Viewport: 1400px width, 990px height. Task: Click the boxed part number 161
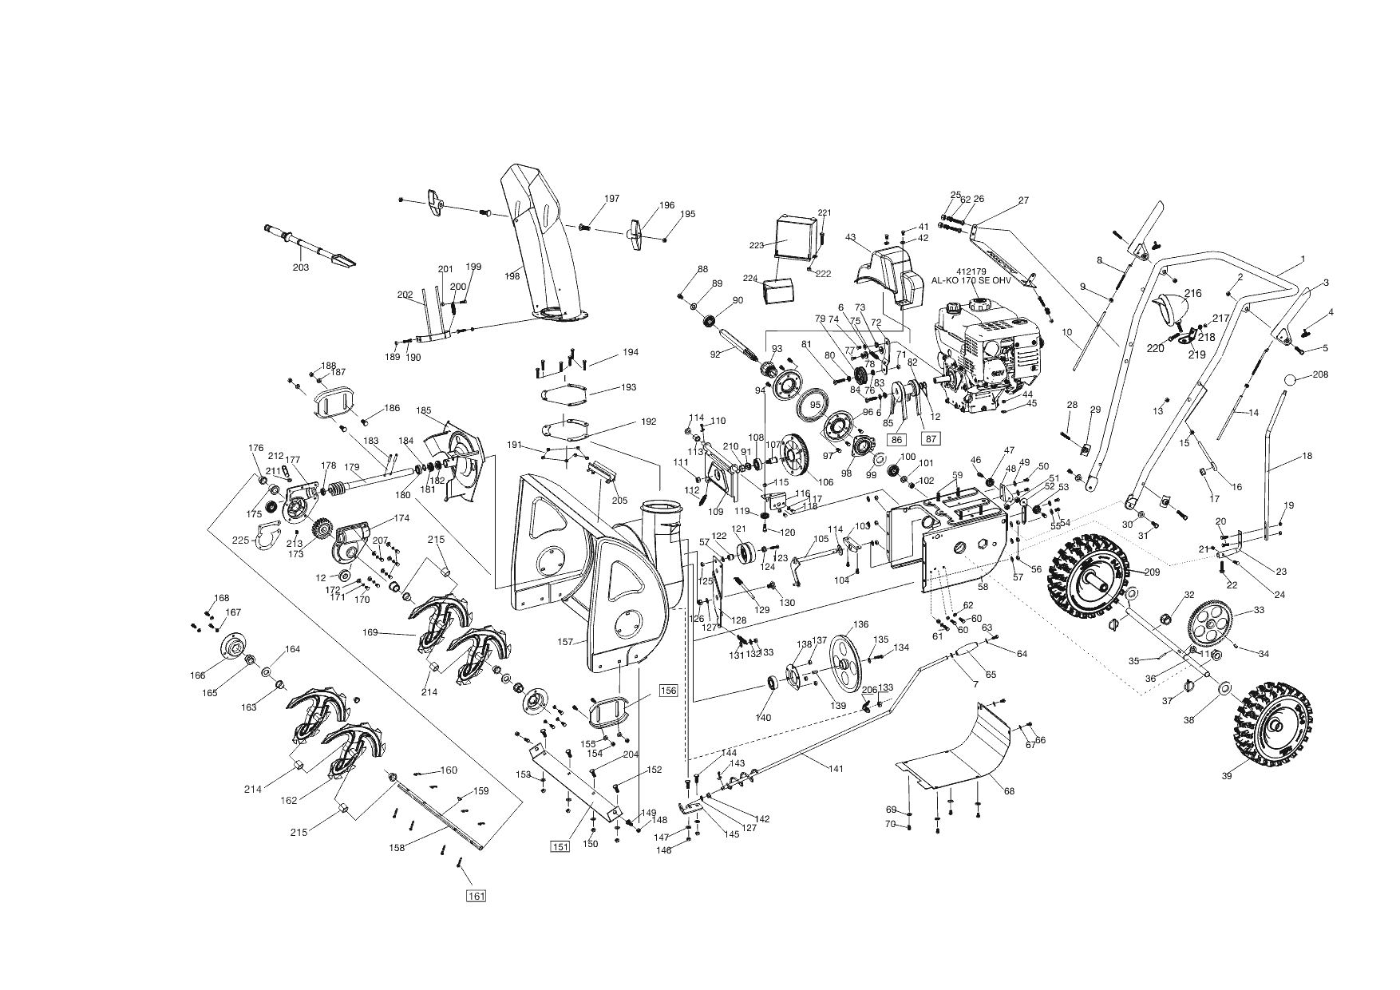coord(476,896)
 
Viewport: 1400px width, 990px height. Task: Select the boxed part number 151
coord(560,846)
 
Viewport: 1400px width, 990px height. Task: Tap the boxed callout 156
coord(668,691)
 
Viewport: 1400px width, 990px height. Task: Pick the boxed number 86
coord(897,438)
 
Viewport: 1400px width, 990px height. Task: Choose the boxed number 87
coord(931,438)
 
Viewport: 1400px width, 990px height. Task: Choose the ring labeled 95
coord(814,406)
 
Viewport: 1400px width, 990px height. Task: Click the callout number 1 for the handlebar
coord(1302,259)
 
